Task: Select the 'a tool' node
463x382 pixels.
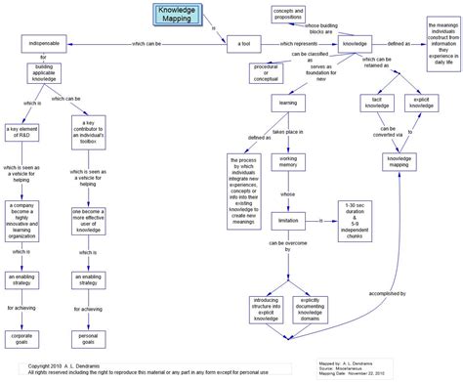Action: point(243,44)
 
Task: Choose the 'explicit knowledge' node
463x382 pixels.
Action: point(422,103)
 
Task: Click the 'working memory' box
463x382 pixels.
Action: point(289,161)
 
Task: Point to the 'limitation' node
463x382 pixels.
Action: point(289,221)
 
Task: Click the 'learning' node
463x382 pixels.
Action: point(289,102)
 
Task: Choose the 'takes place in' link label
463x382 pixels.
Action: point(290,131)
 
